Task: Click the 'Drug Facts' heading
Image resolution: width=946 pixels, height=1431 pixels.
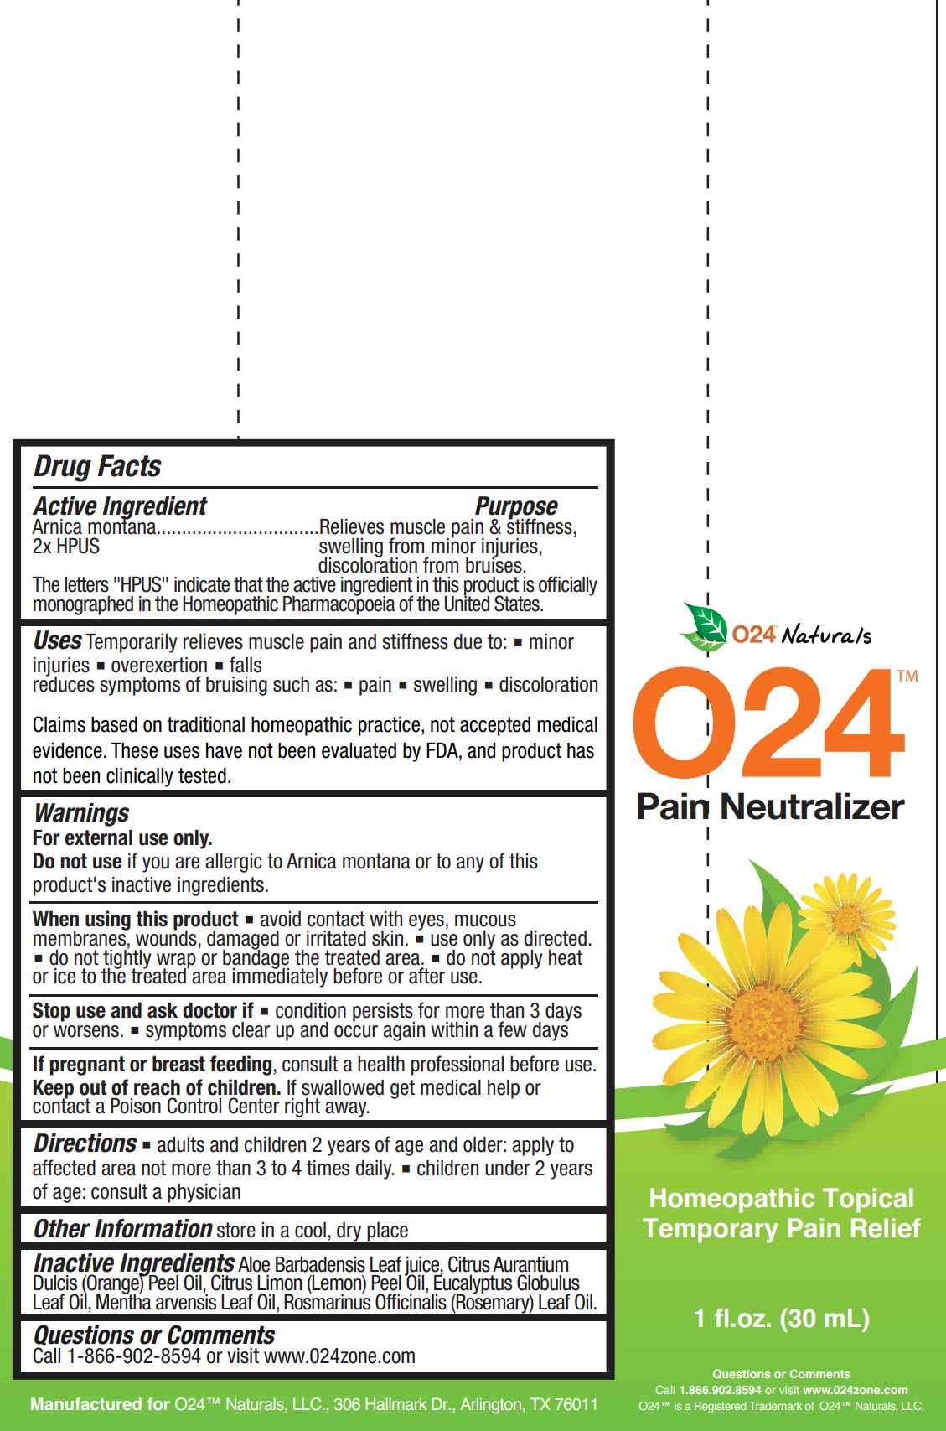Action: pyautogui.click(x=97, y=466)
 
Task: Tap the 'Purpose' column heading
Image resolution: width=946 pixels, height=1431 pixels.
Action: pyautogui.click(x=516, y=506)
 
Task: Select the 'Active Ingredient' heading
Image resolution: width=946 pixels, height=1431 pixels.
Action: pyautogui.click(x=120, y=506)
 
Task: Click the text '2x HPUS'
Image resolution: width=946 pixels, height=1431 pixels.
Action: pyautogui.click(x=66, y=547)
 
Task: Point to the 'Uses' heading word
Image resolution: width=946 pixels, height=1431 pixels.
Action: pyautogui.click(x=57, y=641)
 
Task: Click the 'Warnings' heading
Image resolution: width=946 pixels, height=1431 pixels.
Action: pyautogui.click(x=81, y=813)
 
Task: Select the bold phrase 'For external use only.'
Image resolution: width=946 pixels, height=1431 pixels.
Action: pyautogui.click(x=122, y=838)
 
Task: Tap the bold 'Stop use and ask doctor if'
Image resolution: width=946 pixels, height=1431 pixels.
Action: pyautogui.click(x=142, y=1011)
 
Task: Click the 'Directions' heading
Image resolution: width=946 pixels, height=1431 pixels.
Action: pyautogui.click(x=85, y=1144)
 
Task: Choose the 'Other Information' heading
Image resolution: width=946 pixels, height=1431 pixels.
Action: pyautogui.click(x=122, y=1229)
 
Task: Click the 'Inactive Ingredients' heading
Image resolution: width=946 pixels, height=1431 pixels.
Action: pyautogui.click(x=134, y=1263)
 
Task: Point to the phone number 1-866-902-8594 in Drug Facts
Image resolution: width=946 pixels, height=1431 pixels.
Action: pyautogui.click(x=134, y=1356)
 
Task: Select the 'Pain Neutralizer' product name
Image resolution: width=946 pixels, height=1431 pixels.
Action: pyautogui.click(x=770, y=806)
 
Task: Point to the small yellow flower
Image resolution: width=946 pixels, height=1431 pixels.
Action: pyautogui.click(x=848, y=920)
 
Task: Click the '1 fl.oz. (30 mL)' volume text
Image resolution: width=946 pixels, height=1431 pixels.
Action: pyautogui.click(x=782, y=1319)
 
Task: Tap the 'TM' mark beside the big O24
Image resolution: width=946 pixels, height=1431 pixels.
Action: pyautogui.click(x=907, y=677)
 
